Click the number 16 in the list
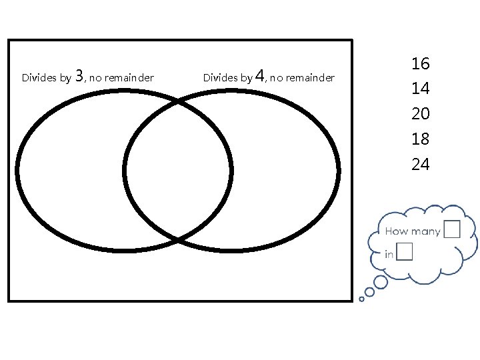pos(420,64)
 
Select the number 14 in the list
pos(420,89)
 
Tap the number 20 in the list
pos(420,114)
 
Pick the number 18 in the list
pos(420,139)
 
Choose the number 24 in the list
pos(420,164)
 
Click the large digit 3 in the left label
pos(80,75)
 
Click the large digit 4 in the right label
pos(260,75)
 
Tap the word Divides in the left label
pos(37,78)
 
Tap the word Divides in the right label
pos(218,78)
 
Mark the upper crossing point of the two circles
pos(178,101)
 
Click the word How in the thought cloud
pos(395,232)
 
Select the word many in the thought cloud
pos(425,232)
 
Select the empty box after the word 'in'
pos(403,252)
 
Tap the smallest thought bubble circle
pos(361,299)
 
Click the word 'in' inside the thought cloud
pos(389,254)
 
